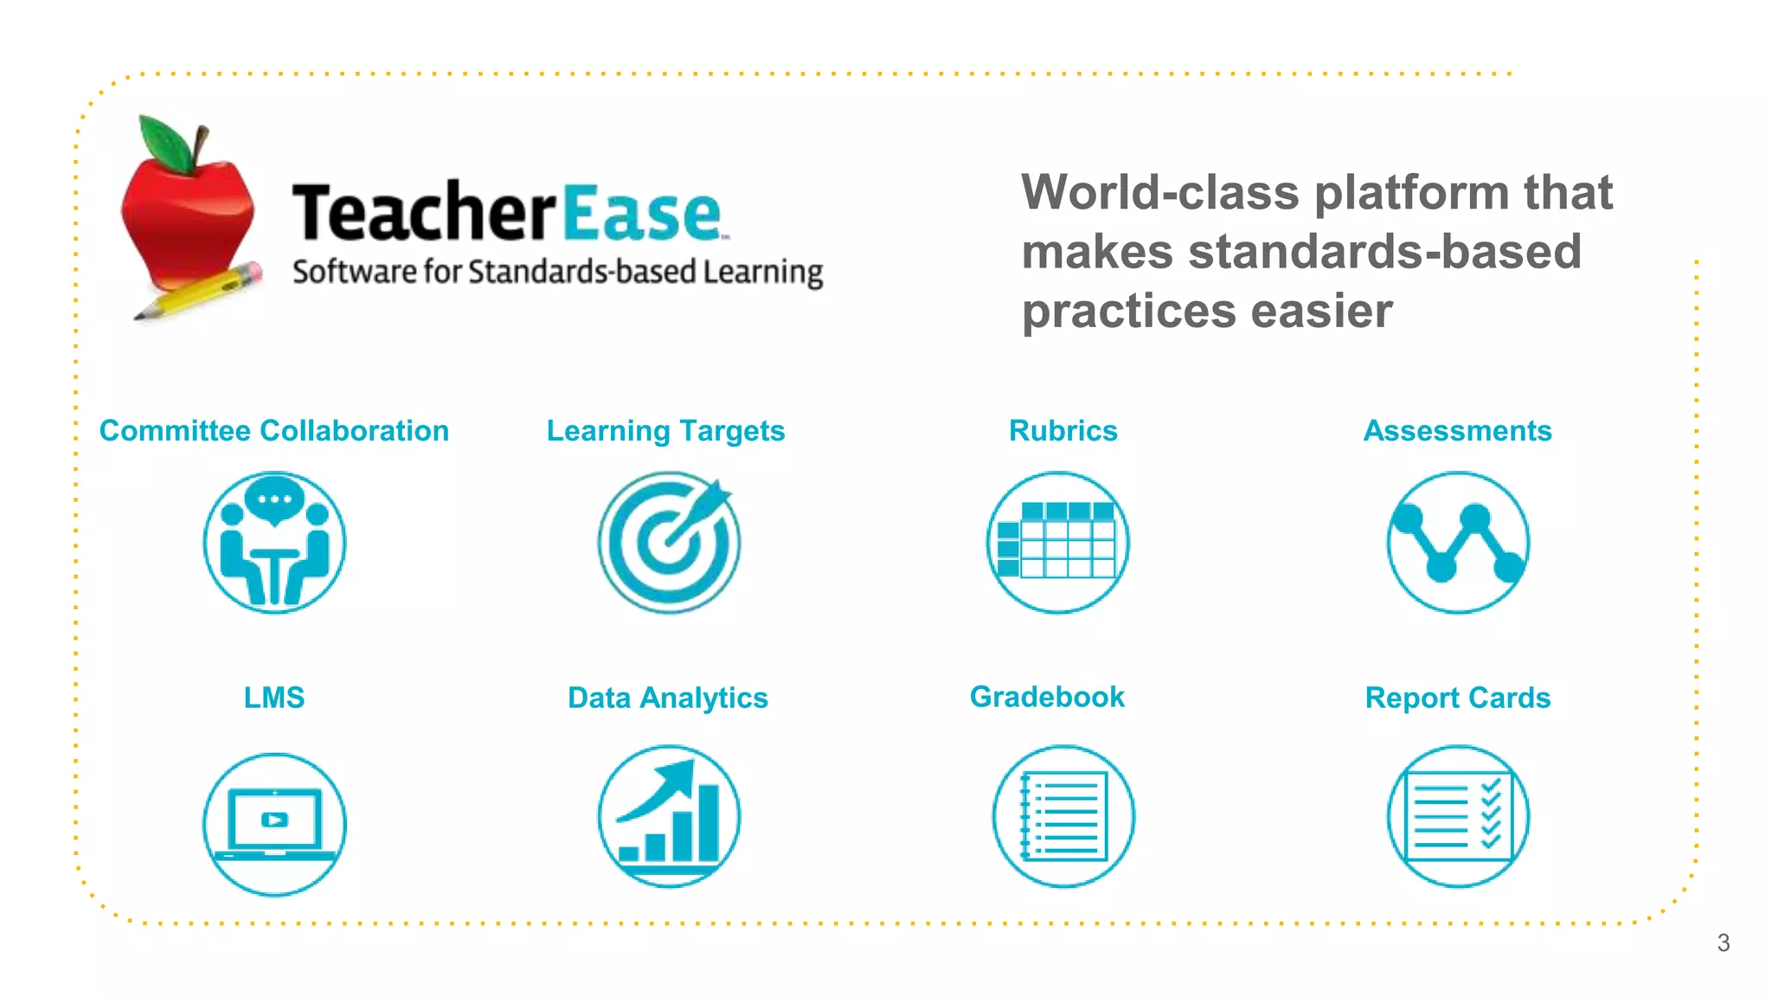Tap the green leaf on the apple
168,144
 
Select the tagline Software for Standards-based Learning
557,272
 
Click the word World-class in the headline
1159,192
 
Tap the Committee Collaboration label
274,431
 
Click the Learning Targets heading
665,431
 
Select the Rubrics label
1063,431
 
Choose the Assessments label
1457,431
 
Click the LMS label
274,698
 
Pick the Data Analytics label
667,698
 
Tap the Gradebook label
1047,697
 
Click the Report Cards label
1457,698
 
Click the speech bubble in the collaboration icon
274,499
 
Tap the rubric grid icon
1057,543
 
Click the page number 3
1723,942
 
